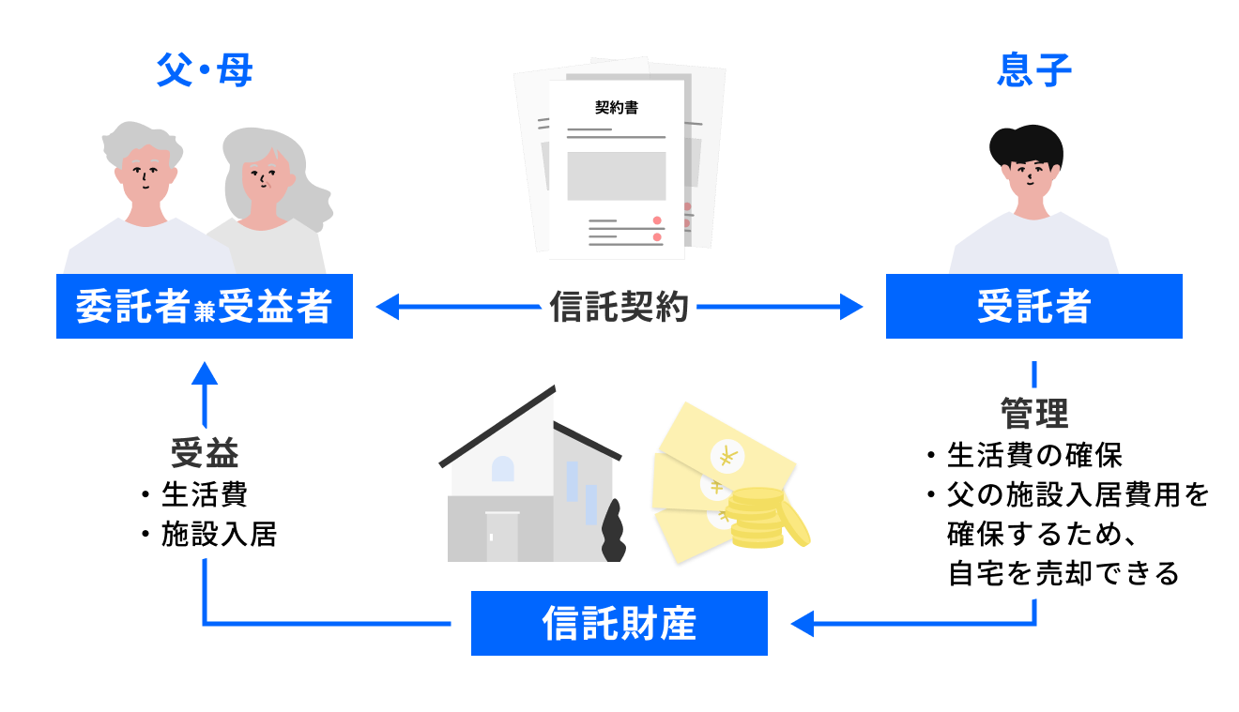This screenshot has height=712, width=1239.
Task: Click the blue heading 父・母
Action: tap(205, 71)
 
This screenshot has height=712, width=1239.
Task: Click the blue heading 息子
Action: tap(1034, 71)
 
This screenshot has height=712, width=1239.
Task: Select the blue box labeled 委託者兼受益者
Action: tap(205, 307)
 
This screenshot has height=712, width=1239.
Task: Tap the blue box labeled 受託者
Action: tap(1033, 307)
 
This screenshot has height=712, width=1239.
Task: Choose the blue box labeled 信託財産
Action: tap(619, 623)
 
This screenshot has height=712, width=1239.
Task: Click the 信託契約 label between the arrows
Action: tap(619, 307)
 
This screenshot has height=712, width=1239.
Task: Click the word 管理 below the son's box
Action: tap(1033, 413)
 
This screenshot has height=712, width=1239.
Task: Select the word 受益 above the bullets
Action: tap(205, 453)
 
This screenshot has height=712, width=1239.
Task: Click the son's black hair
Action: tap(1027, 146)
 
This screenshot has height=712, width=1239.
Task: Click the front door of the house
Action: tap(501, 538)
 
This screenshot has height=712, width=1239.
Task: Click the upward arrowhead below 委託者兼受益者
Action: tap(205, 372)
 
